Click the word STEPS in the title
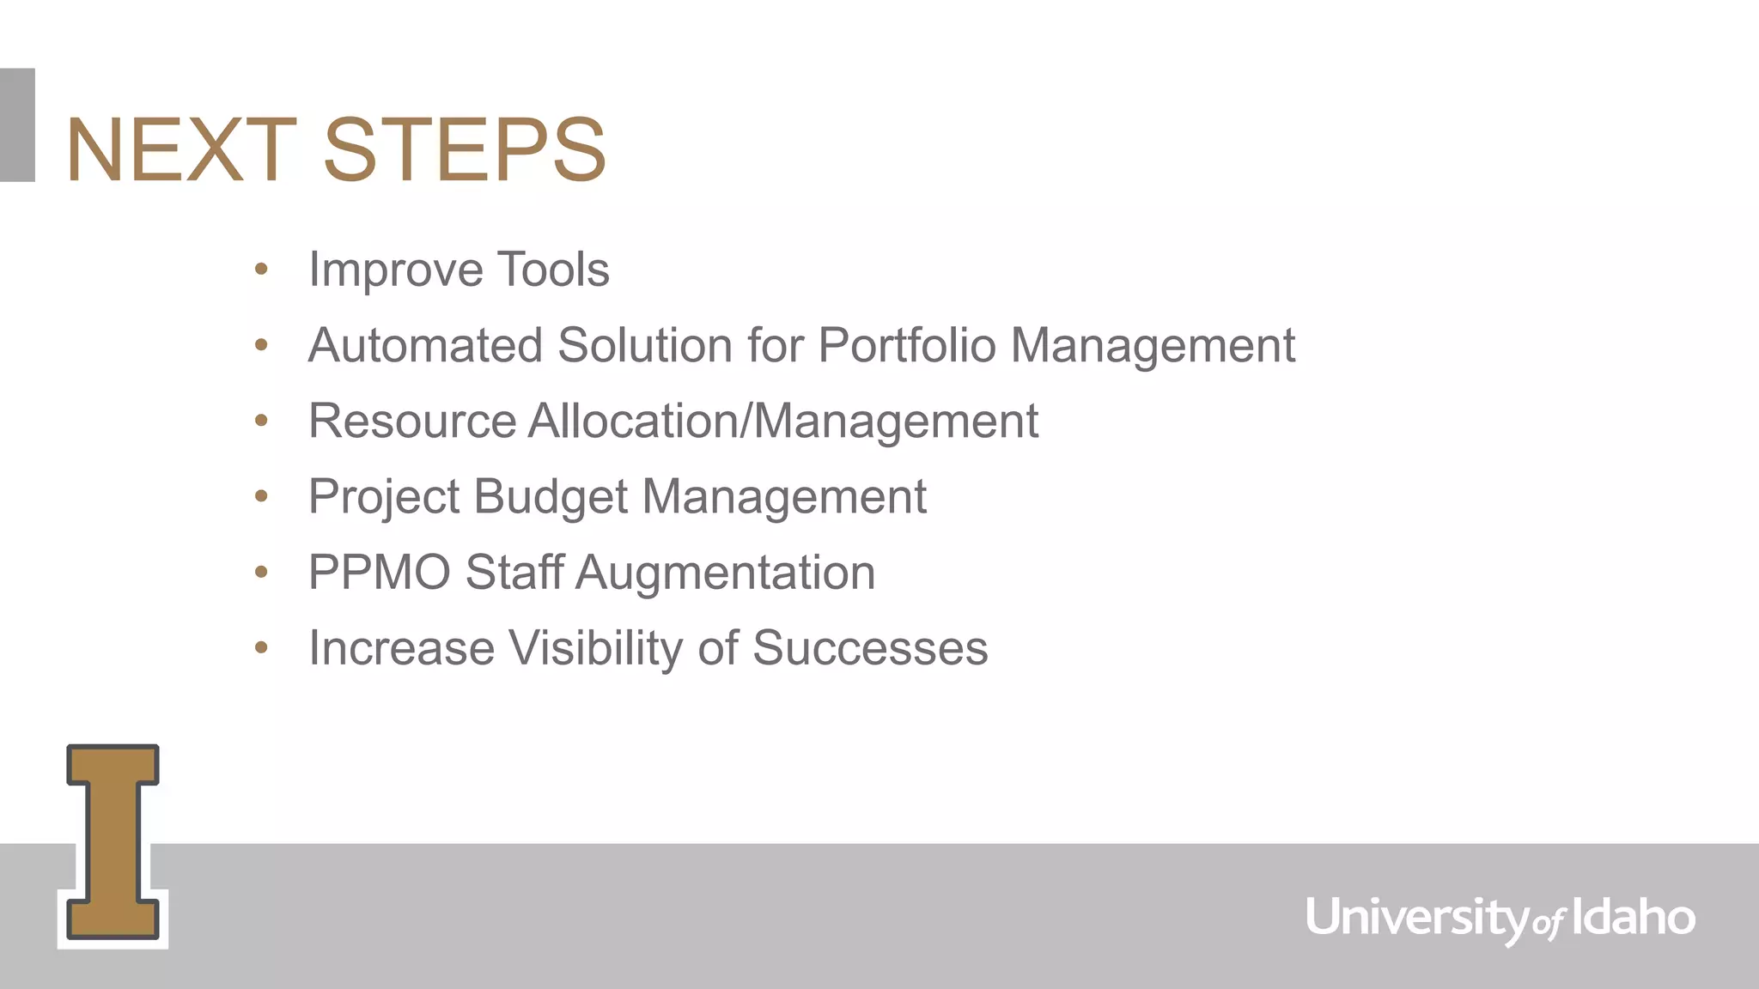pos(465,150)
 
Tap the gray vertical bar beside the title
pos(17,124)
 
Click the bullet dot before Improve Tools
pos(261,270)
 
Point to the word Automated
pos(425,345)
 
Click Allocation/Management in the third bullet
pos(782,421)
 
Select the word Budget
pos(550,496)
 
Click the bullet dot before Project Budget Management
pos(261,496)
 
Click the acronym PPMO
pos(380,572)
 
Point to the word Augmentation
pos(725,572)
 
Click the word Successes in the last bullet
pos(870,647)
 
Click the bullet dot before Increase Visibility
pos(261,648)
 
